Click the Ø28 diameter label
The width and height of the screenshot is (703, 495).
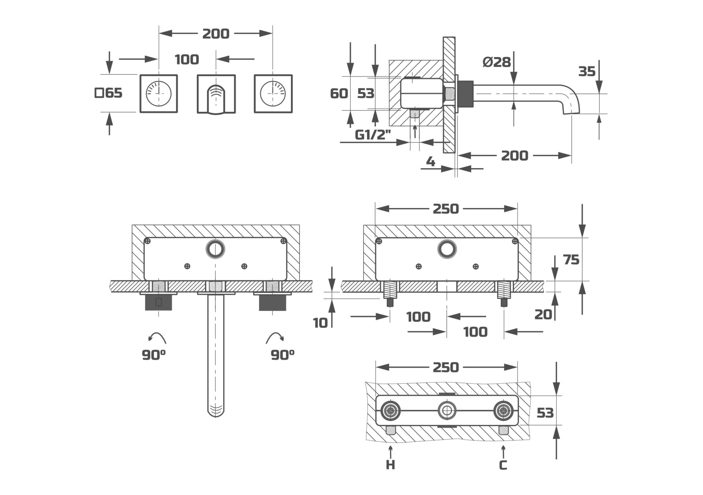point(496,62)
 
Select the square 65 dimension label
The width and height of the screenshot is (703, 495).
point(108,93)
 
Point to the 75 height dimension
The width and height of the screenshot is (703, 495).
point(571,260)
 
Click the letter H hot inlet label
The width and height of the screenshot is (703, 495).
point(390,465)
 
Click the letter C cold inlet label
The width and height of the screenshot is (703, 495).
point(503,465)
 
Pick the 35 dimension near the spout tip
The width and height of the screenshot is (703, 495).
point(587,71)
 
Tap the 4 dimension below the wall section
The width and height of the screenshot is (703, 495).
point(431,161)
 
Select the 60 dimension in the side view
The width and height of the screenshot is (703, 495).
point(339,93)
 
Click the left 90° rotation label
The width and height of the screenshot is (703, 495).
point(154,354)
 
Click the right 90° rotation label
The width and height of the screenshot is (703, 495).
point(283,354)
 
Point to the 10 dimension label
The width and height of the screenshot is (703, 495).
point(320,323)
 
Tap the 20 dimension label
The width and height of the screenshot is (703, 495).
point(543,314)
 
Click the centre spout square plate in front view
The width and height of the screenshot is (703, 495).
point(216,94)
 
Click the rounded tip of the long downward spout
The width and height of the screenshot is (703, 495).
point(216,412)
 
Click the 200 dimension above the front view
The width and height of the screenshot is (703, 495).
point(216,34)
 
